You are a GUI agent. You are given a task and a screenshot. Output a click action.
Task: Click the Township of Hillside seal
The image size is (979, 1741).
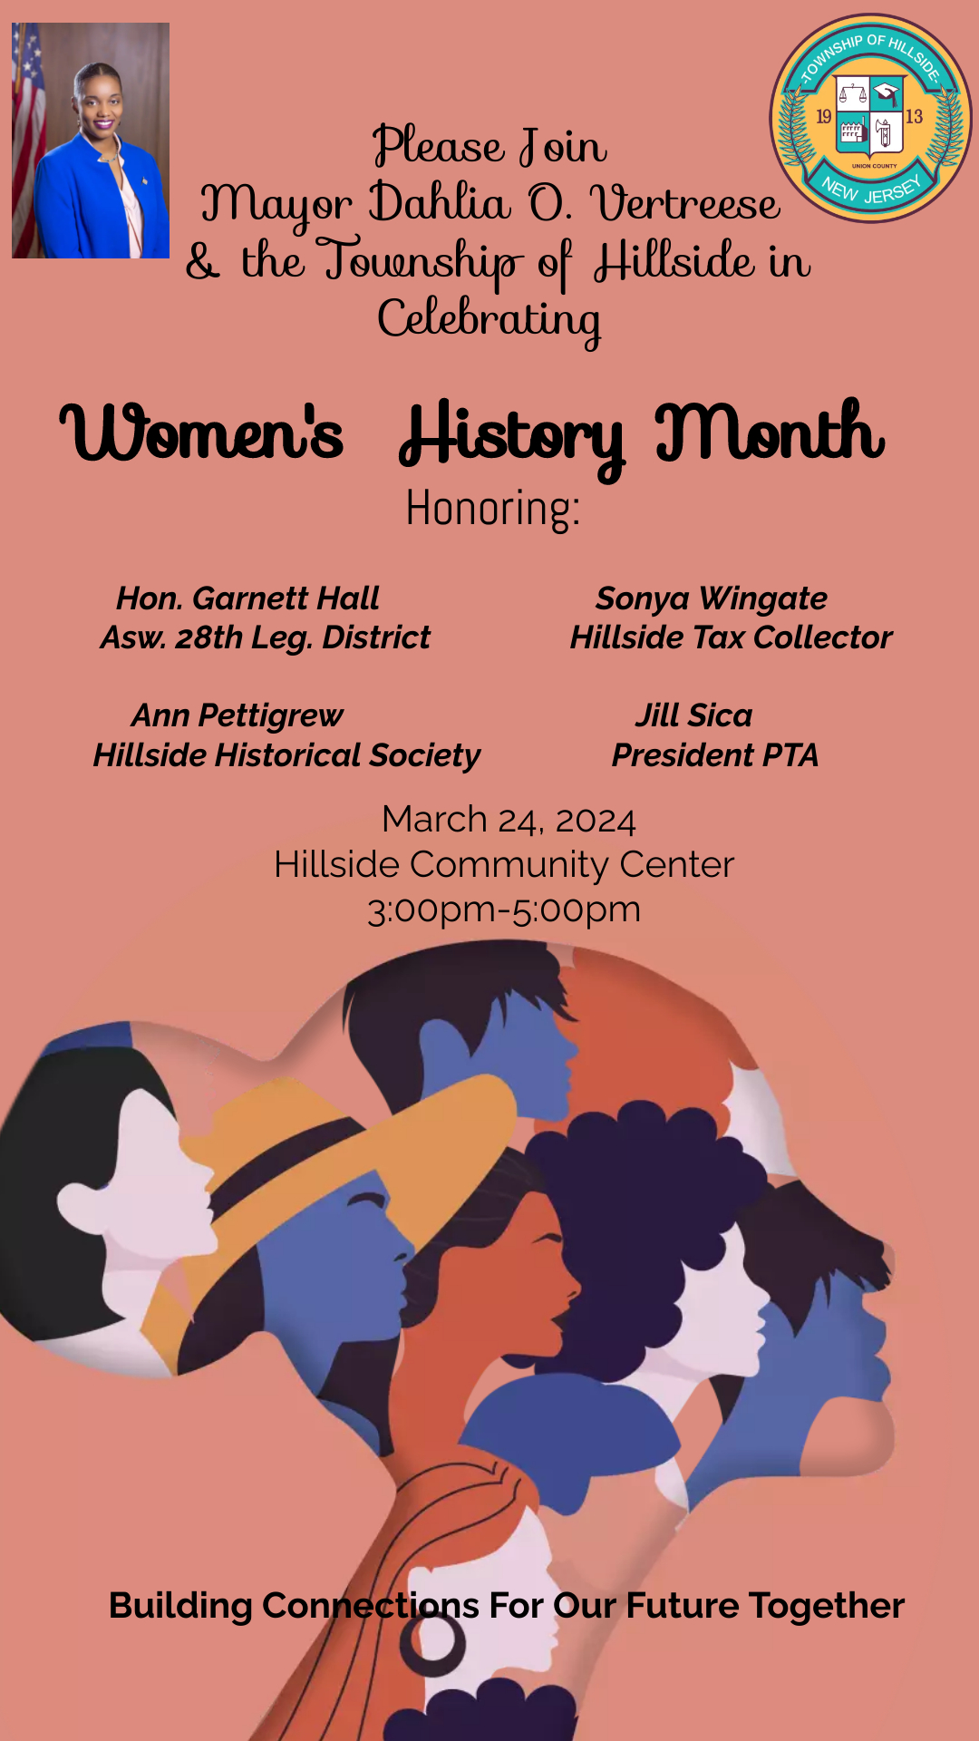870,118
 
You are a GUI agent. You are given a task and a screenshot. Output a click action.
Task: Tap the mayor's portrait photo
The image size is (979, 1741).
91,141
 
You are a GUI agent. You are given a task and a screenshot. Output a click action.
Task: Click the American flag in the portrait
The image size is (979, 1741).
27,136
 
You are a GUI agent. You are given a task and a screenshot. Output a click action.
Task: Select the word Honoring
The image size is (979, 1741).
492,508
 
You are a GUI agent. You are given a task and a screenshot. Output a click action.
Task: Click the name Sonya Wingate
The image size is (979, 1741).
711,598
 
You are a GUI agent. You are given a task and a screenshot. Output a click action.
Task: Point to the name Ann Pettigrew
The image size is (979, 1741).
237,715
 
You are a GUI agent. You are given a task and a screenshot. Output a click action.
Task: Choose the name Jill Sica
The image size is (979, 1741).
693,715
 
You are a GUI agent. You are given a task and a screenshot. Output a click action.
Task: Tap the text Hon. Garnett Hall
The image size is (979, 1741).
247,598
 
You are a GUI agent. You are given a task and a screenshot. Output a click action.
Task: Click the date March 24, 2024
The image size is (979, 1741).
509,820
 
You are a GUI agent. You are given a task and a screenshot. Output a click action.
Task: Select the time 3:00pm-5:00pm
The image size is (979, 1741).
504,909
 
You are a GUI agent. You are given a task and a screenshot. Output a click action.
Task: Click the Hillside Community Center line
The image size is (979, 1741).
504,864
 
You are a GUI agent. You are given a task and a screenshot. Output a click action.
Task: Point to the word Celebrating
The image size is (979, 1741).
489,320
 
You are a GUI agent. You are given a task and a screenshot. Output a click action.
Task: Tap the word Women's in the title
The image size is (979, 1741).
202,432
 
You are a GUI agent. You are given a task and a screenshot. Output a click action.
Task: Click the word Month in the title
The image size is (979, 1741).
770,431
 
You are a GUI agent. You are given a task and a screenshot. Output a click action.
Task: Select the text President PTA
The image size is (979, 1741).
715,755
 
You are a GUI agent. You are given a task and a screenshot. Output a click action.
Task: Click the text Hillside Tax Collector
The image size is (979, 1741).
732,637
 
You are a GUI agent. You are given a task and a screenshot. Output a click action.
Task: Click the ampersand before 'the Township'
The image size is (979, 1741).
203,261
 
